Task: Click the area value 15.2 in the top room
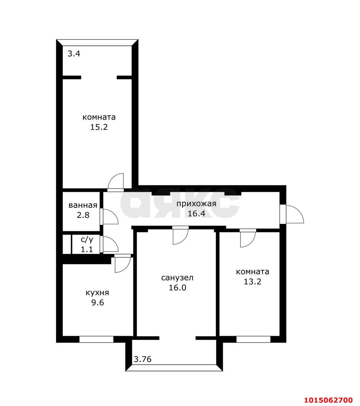click(x=99, y=127)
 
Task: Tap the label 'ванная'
click(x=83, y=205)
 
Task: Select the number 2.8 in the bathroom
click(x=83, y=215)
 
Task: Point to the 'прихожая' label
click(x=196, y=204)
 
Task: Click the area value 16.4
click(x=196, y=213)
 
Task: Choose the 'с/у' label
click(x=87, y=239)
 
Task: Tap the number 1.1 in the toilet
click(x=87, y=250)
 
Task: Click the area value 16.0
click(x=177, y=288)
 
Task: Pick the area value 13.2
click(x=252, y=282)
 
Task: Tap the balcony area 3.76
click(x=142, y=359)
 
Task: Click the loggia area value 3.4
click(x=74, y=54)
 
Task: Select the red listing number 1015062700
click(x=329, y=394)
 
